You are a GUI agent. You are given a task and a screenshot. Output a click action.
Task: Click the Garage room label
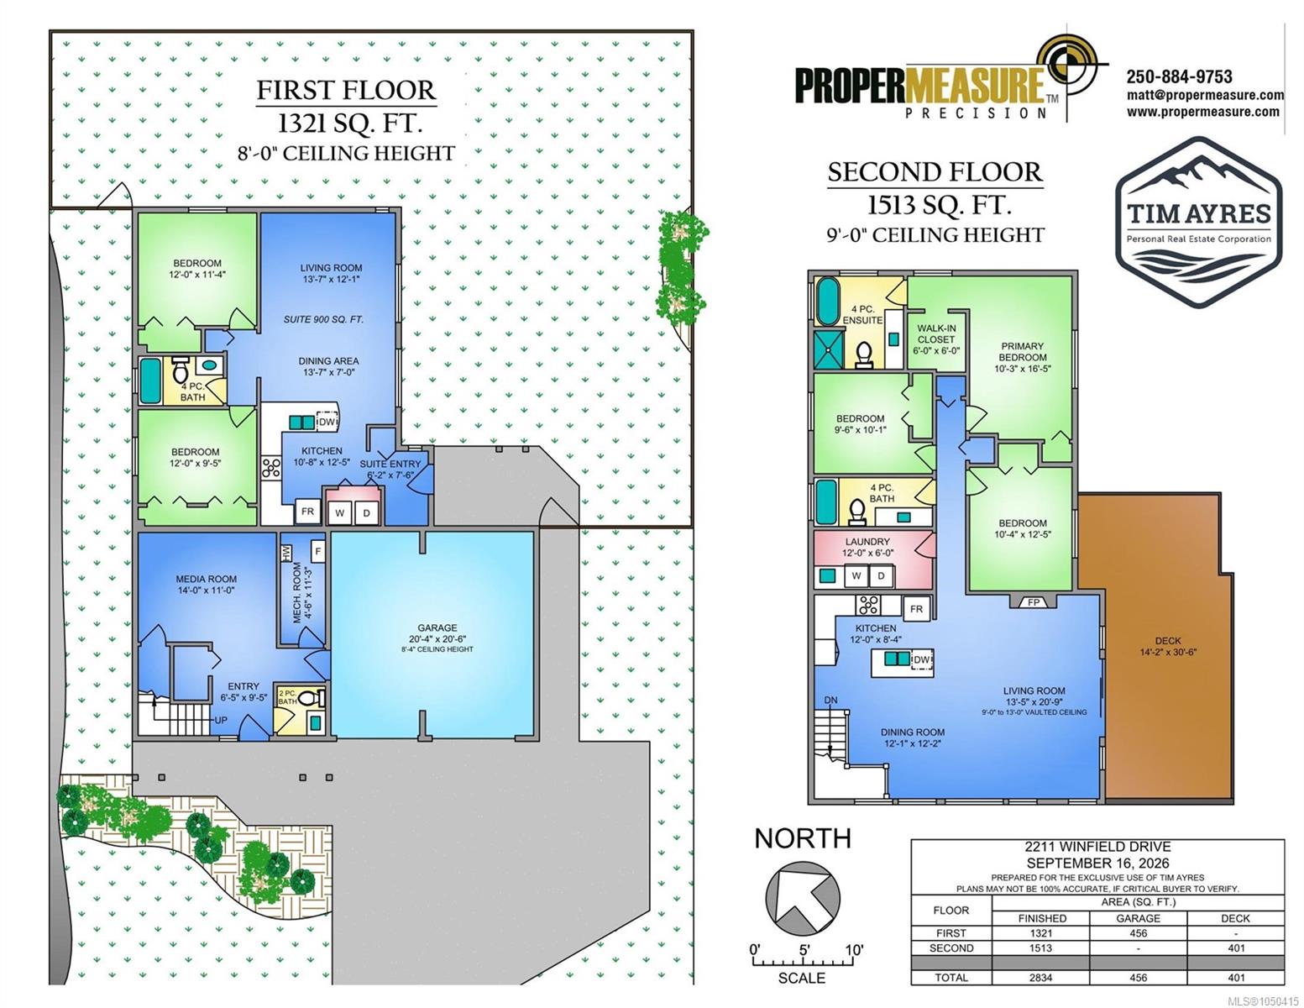(x=437, y=627)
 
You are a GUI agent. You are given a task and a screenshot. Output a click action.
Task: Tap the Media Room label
(x=206, y=579)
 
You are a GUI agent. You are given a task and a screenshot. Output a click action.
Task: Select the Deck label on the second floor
(x=1167, y=641)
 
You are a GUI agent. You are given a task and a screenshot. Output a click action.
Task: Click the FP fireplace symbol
(x=1034, y=602)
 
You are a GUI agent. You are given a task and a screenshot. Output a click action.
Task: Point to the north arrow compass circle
(x=803, y=898)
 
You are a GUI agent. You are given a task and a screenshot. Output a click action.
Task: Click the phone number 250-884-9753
(x=1179, y=76)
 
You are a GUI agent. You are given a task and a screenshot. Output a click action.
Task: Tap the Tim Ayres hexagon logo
(x=1198, y=222)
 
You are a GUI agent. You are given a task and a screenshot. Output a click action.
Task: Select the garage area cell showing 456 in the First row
(x=1138, y=933)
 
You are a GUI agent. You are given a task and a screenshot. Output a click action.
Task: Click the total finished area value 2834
(x=1040, y=978)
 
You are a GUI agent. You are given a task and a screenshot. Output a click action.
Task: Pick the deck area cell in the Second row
(x=1236, y=948)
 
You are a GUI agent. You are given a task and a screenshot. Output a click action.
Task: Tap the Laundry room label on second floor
(x=867, y=542)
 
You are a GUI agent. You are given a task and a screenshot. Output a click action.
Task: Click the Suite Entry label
(x=390, y=464)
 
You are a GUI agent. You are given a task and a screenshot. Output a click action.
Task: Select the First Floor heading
(x=346, y=90)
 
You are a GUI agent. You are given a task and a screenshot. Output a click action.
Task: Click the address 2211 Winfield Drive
(x=1097, y=847)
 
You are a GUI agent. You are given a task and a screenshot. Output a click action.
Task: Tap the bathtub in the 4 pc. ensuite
(x=826, y=302)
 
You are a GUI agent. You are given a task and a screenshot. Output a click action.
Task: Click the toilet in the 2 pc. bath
(x=309, y=698)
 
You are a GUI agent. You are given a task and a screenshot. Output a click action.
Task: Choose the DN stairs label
(x=830, y=700)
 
